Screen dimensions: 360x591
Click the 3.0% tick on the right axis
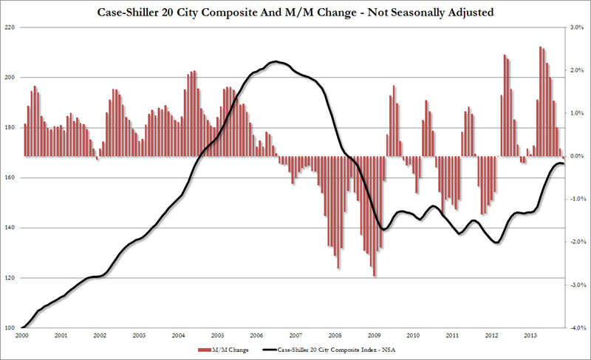tap(577, 27)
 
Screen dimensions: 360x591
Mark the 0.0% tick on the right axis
tap(577, 156)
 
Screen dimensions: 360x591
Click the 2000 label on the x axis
tap(23, 336)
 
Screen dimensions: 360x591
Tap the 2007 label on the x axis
tap(295, 336)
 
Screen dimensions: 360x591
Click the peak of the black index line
tap(276, 61)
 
